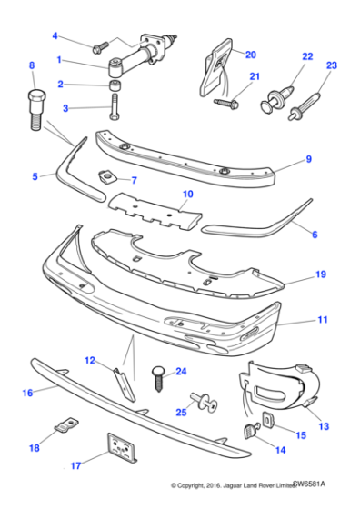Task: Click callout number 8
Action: coord(33,65)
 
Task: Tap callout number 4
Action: coord(55,36)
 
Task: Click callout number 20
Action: coord(251,54)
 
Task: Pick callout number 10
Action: coord(187,194)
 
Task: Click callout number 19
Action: coord(320,274)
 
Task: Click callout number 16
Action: coord(28,393)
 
